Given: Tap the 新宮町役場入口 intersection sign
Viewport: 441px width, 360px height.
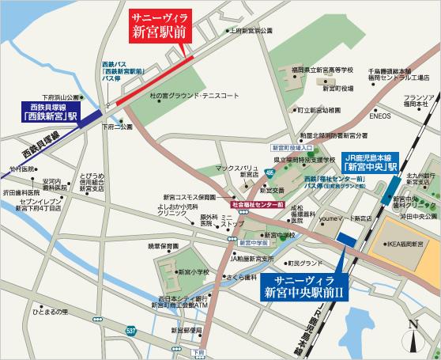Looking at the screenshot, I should [x=288, y=148].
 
